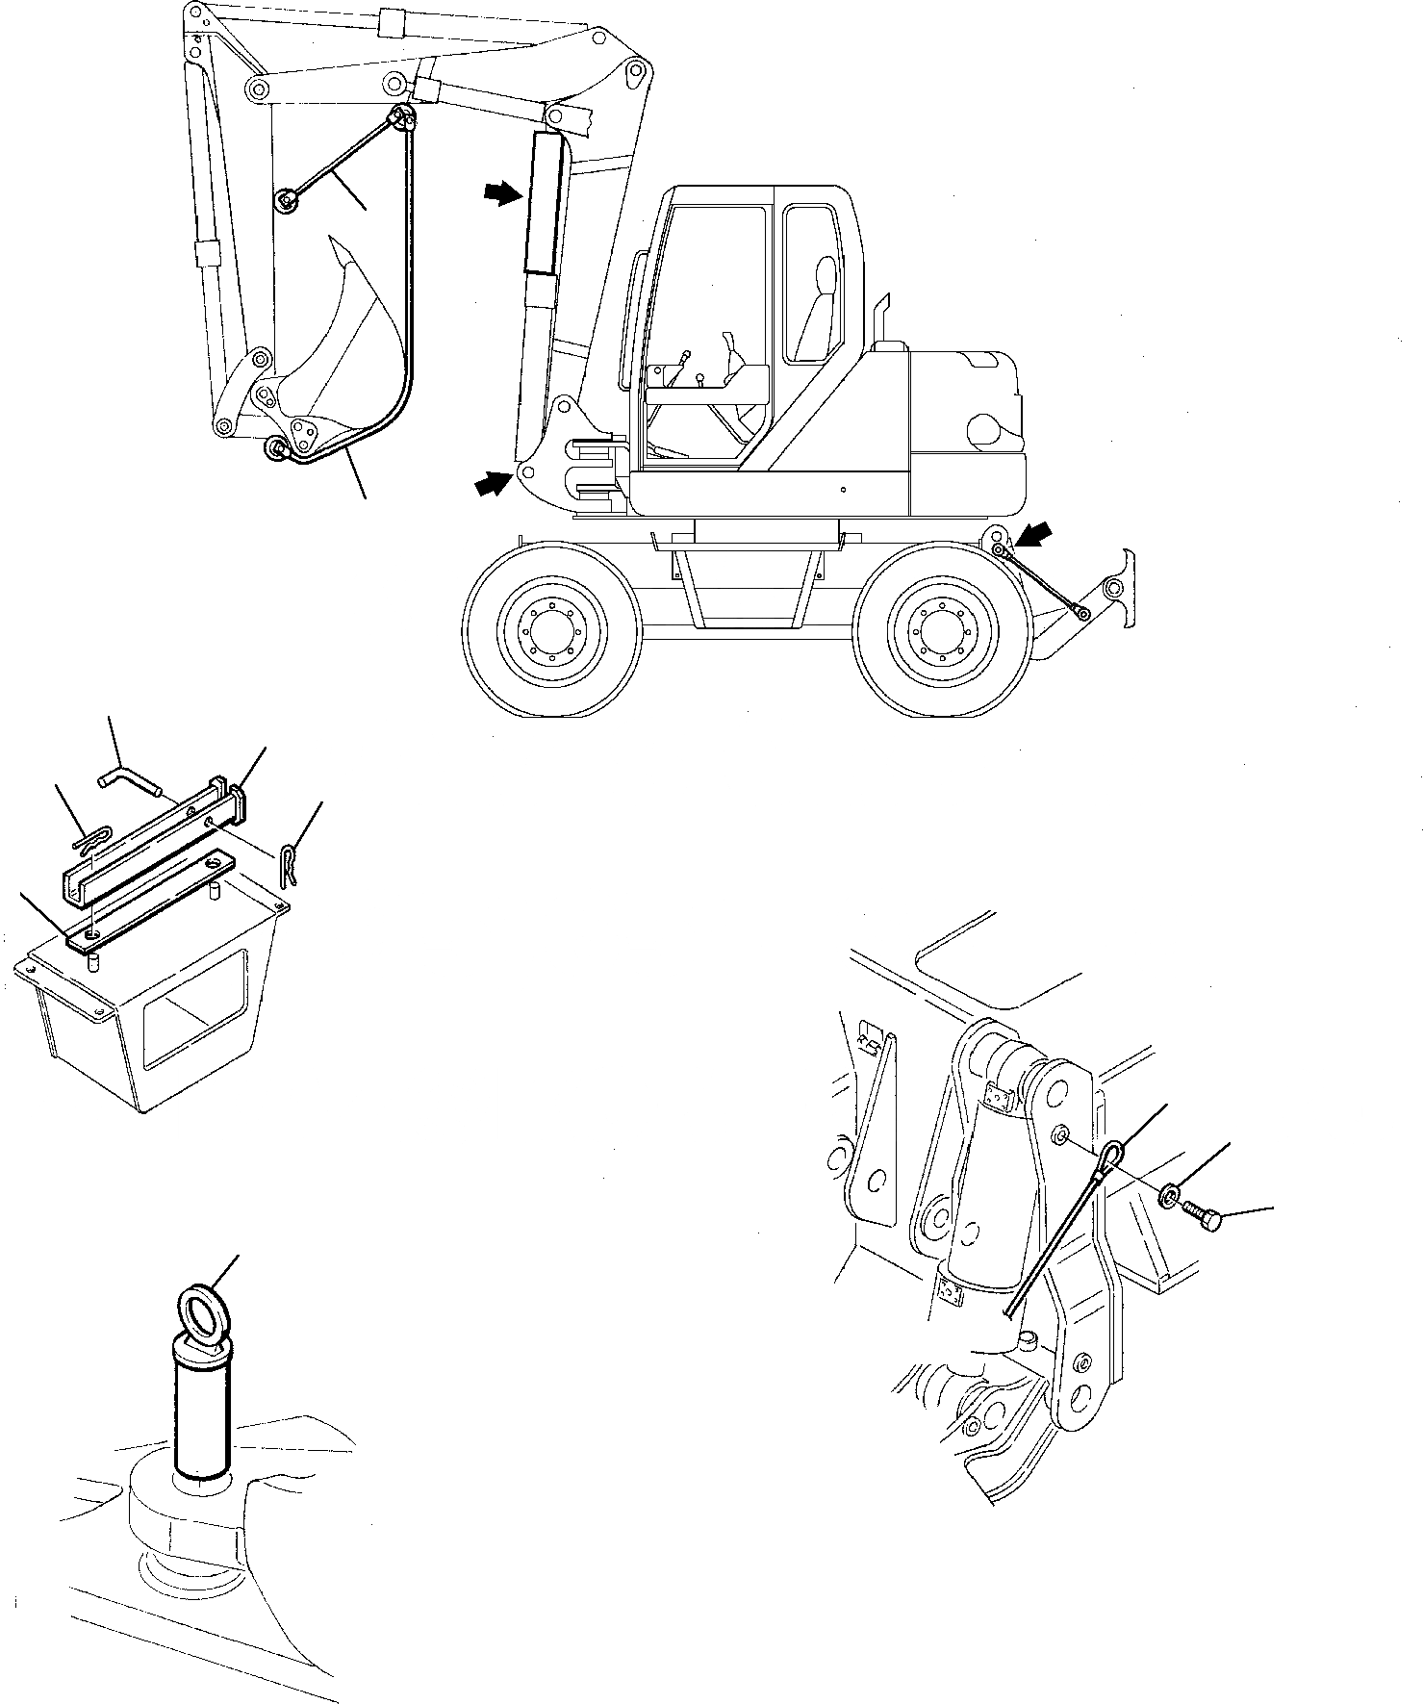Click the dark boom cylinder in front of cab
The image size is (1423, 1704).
tap(544, 207)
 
